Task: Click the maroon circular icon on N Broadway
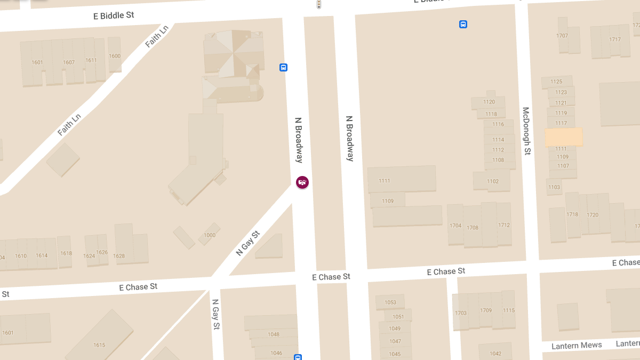coord(302,182)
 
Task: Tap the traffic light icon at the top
coord(318,4)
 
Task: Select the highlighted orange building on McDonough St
coord(563,137)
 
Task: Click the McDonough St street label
coord(526,131)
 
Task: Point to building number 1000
coord(210,235)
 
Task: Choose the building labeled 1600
coord(115,55)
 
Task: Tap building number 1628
coord(119,256)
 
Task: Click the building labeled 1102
coord(493,181)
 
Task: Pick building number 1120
coord(489,102)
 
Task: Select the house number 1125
coord(556,82)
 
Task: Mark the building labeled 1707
coord(562,36)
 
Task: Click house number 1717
coord(615,39)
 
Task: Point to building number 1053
coord(390,302)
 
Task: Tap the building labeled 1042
coord(495,354)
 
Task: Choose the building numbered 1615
coord(99,345)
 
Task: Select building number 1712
coord(504,225)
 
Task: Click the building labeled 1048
coord(274,334)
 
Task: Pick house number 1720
coord(593,214)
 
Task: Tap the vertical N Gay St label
coord(215,314)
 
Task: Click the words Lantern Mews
coord(577,346)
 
